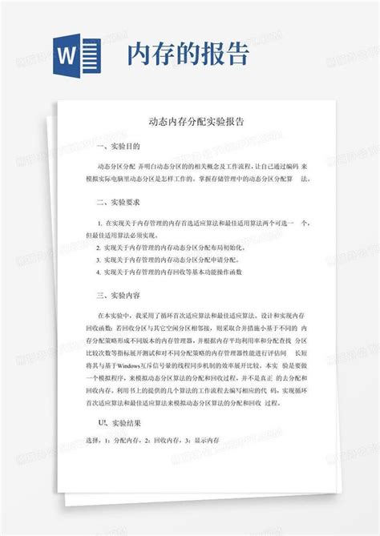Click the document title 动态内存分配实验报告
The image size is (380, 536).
point(191,123)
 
